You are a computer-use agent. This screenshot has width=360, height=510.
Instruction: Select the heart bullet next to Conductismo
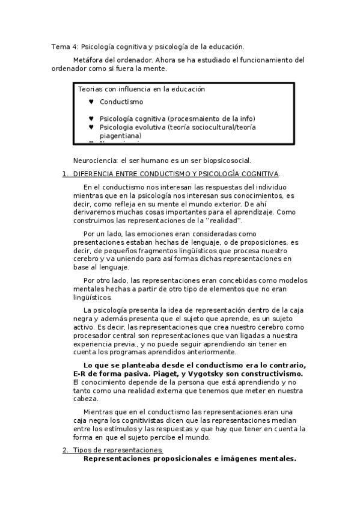click(x=91, y=102)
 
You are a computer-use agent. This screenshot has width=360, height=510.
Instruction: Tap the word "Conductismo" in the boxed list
click(x=121, y=102)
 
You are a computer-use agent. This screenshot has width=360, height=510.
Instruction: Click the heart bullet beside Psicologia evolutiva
click(x=91, y=127)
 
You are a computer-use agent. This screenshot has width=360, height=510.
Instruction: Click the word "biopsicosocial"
click(x=225, y=161)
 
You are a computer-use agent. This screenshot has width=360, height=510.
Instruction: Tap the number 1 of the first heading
click(x=64, y=174)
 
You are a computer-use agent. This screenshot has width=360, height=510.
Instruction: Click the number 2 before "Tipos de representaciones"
click(x=65, y=450)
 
